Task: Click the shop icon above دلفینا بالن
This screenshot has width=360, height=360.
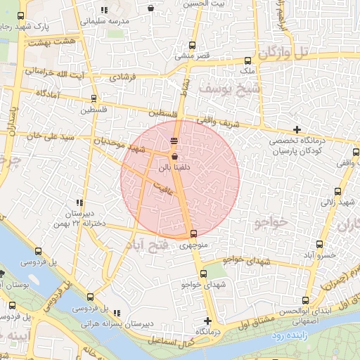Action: click(174, 157)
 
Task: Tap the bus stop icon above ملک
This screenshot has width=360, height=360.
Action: click(247, 61)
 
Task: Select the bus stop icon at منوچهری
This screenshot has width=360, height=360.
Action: click(193, 234)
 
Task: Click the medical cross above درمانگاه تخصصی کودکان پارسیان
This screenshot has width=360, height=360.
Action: click(297, 129)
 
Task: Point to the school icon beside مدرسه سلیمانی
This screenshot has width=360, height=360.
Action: click(105, 11)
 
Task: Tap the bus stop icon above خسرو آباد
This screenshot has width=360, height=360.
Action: click(320, 244)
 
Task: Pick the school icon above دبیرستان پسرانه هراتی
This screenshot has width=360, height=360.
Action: click(117, 313)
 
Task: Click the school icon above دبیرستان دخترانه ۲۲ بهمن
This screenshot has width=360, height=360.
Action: click(79, 202)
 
